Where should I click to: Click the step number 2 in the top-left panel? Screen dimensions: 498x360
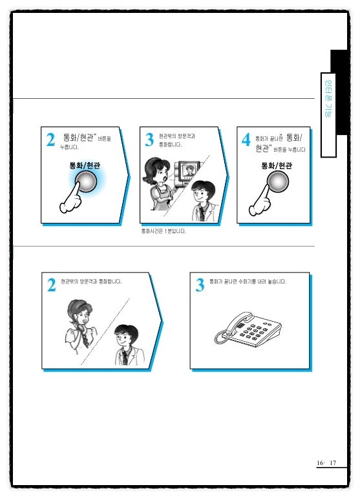click(50, 140)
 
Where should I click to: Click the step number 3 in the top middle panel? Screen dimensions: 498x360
click(149, 140)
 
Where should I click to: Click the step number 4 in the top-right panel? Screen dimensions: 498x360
click(246, 140)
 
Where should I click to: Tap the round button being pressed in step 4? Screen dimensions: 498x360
click(277, 182)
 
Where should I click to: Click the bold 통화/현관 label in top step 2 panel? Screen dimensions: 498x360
click(85, 165)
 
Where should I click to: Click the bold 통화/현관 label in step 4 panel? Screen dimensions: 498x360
click(276, 165)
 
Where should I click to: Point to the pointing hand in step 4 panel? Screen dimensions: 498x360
click(260, 201)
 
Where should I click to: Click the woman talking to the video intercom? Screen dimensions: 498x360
click(158, 183)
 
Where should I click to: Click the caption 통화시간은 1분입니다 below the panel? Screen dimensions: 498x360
click(163, 231)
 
